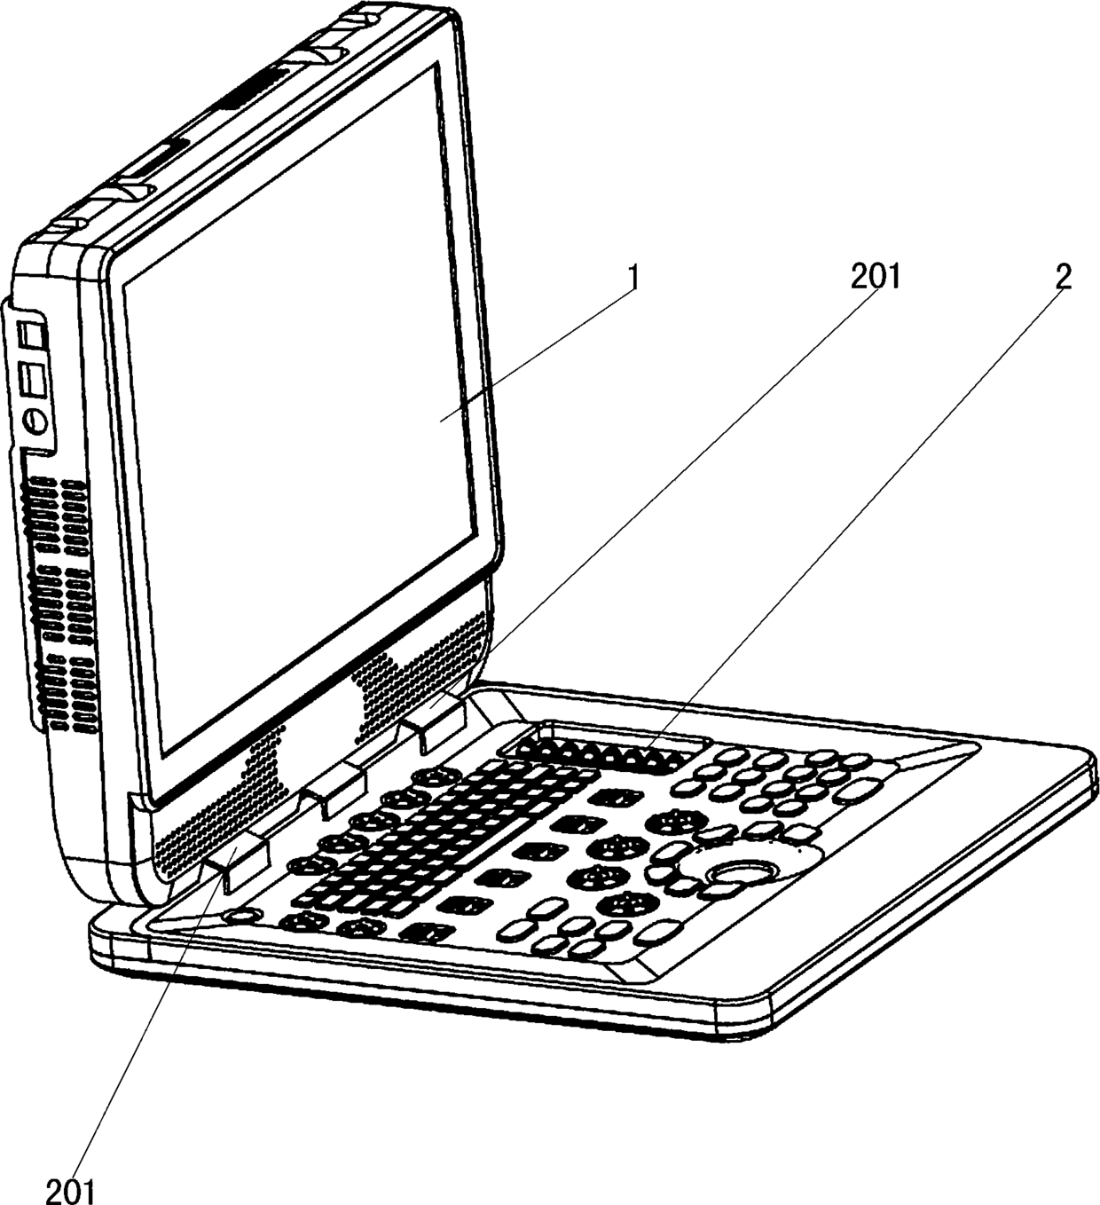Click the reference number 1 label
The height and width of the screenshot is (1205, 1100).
coord(632,278)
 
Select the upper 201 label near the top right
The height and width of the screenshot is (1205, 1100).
coord(875,278)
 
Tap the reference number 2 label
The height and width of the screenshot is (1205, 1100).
coord(1063,278)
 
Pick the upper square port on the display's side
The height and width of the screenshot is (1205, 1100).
coord(32,336)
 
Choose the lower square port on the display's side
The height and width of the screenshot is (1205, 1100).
coord(34,379)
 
